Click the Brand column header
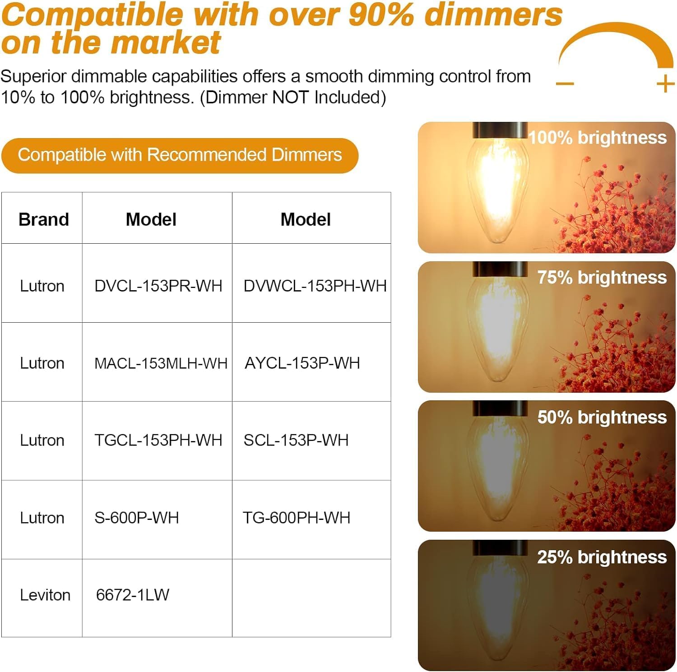pos(43,219)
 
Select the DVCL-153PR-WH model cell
pos(158,286)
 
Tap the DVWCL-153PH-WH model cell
pos(315,286)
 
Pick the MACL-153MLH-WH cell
pos(161,363)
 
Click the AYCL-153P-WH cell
pos(302,363)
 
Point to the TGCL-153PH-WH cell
pos(158,440)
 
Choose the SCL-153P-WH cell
pos(296,440)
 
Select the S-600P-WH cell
pos(136,518)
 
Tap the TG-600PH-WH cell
pos(296,518)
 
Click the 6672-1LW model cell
pos(132,595)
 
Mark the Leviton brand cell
pos(45,595)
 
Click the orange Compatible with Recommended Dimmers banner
pos(180,155)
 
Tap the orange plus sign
pos(665,84)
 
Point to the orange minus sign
pos(565,83)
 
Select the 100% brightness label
pos(597,138)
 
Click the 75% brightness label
pos(602,278)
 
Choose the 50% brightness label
pos(602,417)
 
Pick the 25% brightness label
pos(602,557)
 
